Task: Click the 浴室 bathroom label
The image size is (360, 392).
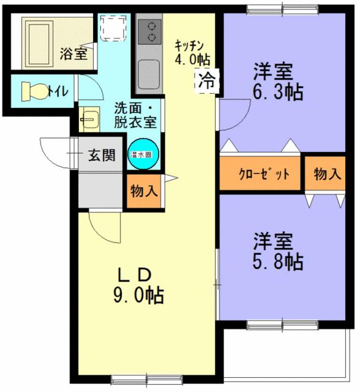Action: (x=73, y=53)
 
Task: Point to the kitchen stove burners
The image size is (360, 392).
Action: (x=149, y=32)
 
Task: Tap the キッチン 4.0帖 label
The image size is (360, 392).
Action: (x=192, y=53)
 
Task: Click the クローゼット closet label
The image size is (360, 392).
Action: (x=263, y=174)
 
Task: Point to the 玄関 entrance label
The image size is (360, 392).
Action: (x=101, y=155)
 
